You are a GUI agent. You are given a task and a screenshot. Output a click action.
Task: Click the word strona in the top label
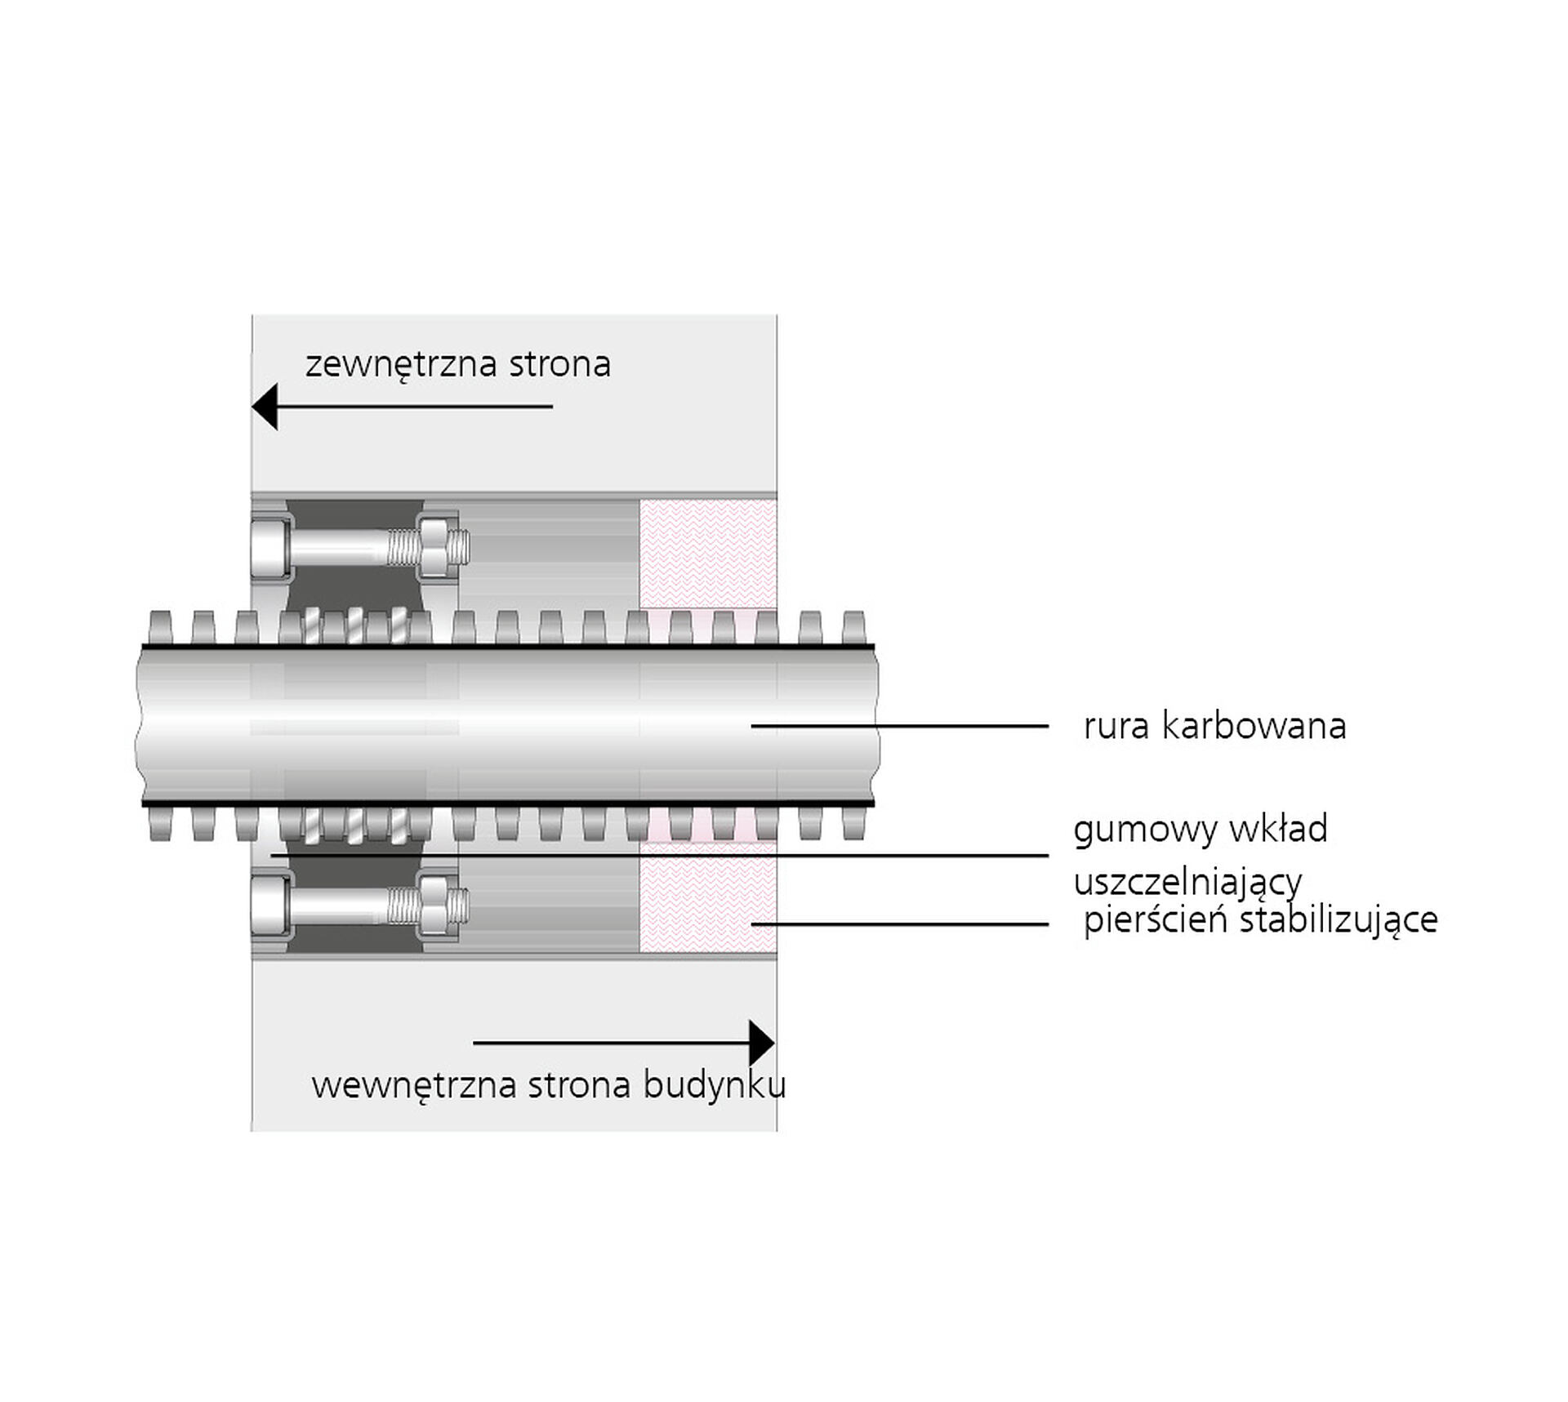tap(560, 364)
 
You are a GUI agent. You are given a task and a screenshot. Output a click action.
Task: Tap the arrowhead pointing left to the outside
tap(265, 406)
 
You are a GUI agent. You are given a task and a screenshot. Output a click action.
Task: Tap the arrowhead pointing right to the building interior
tap(762, 1043)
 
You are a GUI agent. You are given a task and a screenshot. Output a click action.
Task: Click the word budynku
tap(715, 1086)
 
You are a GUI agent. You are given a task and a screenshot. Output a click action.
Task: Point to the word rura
tap(1116, 727)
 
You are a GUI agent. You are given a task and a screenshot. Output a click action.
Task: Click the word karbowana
tap(1254, 725)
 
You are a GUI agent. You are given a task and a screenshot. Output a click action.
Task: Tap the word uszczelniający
tap(1187, 883)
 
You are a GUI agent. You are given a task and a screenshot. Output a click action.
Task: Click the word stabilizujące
tap(1339, 919)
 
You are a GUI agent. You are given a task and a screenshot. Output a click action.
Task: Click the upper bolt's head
tap(270, 546)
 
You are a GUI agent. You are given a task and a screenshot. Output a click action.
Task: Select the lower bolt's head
tap(270, 906)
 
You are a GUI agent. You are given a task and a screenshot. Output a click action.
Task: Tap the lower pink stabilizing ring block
tap(708, 897)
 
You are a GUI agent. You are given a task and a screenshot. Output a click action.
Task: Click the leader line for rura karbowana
tap(900, 725)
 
